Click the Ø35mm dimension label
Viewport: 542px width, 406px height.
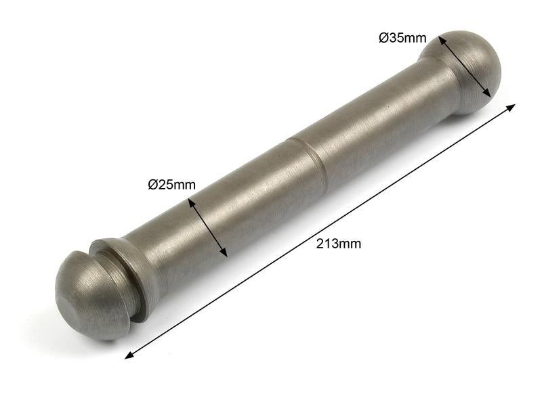(402, 38)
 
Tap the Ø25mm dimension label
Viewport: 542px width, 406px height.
(171, 184)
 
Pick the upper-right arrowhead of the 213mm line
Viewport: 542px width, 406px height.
(512, 107)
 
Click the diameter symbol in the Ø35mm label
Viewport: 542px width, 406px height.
(383, 38)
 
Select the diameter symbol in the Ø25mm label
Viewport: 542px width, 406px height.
(152, 184)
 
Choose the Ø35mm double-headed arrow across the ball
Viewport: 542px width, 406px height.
(464, 67)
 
